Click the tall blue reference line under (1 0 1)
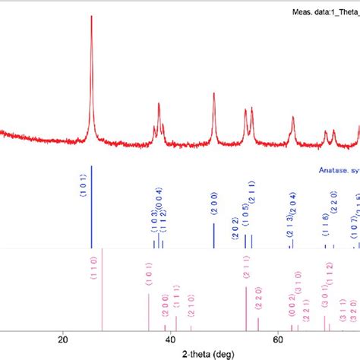[92, 205]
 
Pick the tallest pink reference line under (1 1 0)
[102, 289]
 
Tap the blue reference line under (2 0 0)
[214, 235]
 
